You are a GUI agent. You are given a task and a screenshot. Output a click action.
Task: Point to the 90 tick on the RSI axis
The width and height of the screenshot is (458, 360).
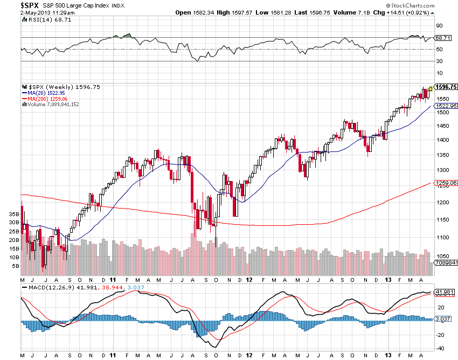[439, 25]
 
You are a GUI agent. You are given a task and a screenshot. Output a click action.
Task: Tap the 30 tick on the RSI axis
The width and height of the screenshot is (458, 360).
[439, 61]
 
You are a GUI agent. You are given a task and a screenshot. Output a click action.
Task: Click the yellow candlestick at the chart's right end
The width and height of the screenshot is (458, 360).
[431, 88]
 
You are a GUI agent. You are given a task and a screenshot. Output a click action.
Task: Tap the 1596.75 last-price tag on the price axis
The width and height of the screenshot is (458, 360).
[446, 87]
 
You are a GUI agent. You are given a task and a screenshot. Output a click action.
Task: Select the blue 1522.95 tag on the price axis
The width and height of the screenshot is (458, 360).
[446, 106]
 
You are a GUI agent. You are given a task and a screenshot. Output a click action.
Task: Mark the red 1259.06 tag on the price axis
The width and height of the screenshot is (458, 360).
[446, 183]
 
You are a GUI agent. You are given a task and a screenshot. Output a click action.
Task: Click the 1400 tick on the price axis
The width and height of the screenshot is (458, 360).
[442, 140]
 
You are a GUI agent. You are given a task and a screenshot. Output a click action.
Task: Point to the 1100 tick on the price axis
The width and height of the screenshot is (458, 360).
[442, 238]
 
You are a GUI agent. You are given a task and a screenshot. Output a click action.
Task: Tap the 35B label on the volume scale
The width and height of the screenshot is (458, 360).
[14, 214]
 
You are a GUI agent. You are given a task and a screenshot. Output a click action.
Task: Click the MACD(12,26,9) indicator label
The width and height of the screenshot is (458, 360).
[45, 287]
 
